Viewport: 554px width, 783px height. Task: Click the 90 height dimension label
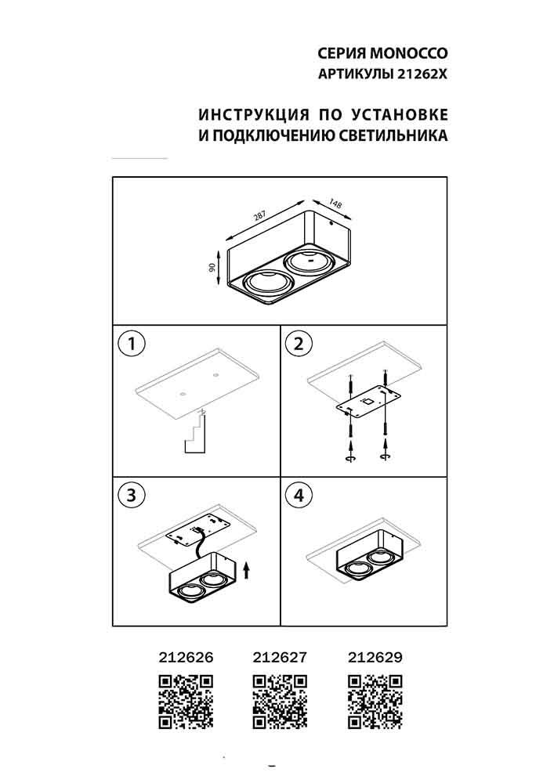[212, 267]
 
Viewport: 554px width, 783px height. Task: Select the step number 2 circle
[299, 343]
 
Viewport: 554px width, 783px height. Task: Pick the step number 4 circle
[299, 495]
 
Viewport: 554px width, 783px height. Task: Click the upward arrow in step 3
[247, 568]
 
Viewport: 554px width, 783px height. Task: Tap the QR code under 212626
[186, 702]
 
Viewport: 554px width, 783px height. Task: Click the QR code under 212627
[280, 702]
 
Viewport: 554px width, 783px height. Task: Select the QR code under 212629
[374, 702]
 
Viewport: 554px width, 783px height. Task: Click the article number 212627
[280, 658]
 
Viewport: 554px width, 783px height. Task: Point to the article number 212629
[374, 658]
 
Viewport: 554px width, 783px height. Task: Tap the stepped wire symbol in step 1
[194, 435]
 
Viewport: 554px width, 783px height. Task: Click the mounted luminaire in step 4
[367, 561]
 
